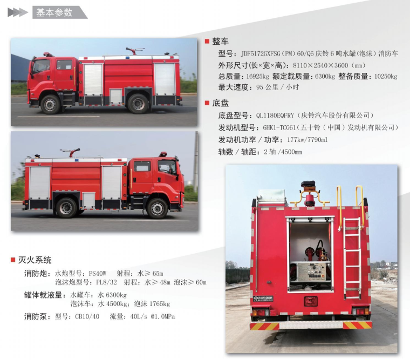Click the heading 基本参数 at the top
(54, 12)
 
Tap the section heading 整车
(220, 42)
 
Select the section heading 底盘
(220, 103)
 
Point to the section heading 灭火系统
(35, 260)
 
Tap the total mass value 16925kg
(257, 77)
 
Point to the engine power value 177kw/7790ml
(307, 140)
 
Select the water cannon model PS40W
(98, 274)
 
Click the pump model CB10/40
(87, 317)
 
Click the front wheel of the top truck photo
(51, 104)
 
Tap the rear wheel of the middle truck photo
(66, 208)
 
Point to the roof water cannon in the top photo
(134, 51)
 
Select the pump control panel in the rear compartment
(312, 271)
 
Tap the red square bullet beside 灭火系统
(13, 260)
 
